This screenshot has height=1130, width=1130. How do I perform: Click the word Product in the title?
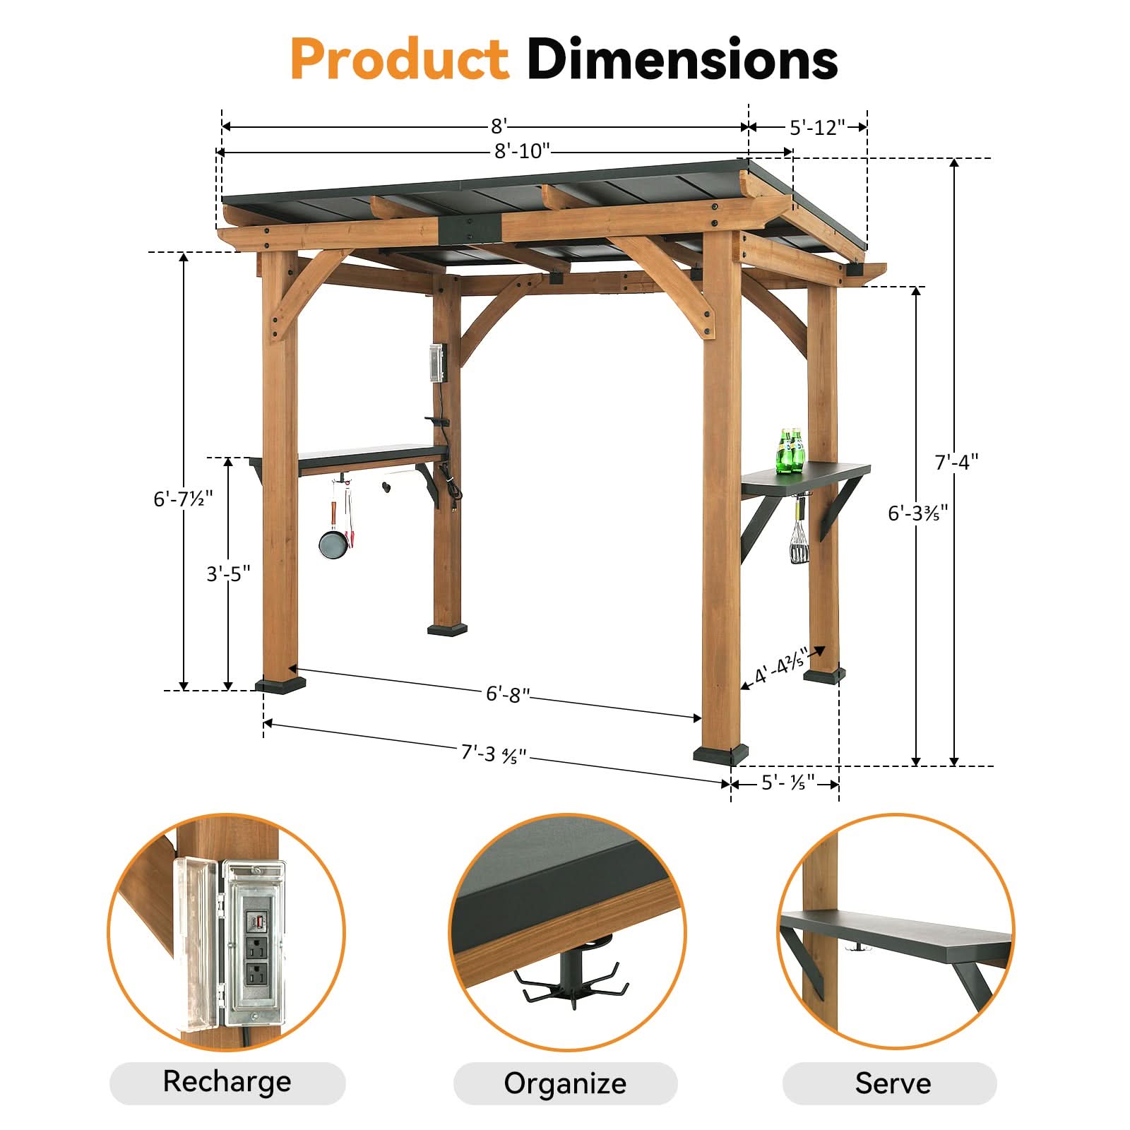tap(399, 59)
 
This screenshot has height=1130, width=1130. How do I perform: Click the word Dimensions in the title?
tap(682, 59)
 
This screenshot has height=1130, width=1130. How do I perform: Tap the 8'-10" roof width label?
tap(522, 151)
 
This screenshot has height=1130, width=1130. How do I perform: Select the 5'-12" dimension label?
tap(817, 128)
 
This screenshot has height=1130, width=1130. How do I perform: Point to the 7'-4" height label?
tap(956, 463)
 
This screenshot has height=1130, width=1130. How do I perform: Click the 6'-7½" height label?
tap(183, 499)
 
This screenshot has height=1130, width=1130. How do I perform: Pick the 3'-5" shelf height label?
tap(228, 573)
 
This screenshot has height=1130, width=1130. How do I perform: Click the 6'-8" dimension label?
tap(507, 694)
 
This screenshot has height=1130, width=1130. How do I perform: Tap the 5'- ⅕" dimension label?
tap(787, 783)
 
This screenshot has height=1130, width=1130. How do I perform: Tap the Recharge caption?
tap(227, 1081)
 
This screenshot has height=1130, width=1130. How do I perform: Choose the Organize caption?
tap(565, 1083)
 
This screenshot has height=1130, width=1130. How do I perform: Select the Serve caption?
tap(893, 1083)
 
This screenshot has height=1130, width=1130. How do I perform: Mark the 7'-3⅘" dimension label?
tap(494, 754)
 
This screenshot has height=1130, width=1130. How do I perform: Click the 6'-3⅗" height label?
tap(917, 513)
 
